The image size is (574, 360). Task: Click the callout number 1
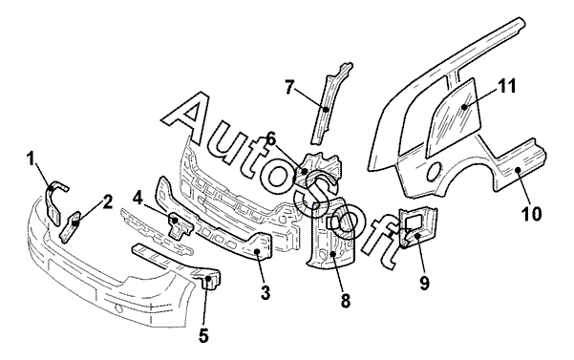32,159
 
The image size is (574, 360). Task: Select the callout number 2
107,201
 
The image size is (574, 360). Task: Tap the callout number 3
266,293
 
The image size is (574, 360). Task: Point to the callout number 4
138,198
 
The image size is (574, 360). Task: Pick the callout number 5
203,335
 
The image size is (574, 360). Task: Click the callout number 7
289,88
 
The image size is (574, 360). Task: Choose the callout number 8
345,301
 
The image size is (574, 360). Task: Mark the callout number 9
424,284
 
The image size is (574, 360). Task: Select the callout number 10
532,214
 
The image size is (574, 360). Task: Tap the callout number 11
506,87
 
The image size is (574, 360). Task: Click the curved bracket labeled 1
53,203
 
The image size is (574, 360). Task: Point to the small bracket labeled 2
72,226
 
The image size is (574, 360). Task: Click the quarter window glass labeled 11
454,117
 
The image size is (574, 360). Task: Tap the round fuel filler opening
435,171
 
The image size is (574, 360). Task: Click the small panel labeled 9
416,227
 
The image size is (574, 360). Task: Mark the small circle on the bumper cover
119,308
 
